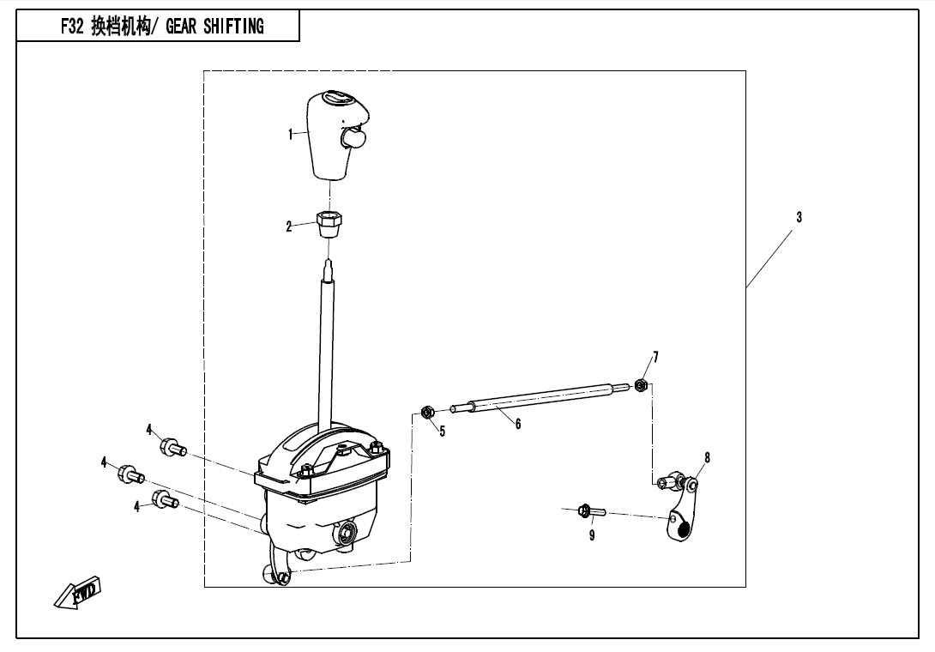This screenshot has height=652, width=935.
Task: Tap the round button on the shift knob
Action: (353, 139)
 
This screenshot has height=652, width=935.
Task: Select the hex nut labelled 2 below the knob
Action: (329, 223)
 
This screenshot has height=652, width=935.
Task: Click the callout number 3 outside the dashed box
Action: (799, 218)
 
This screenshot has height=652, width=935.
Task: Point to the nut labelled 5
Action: (427, 412)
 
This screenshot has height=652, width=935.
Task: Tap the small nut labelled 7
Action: (641, 384)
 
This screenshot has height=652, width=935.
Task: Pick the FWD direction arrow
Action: (78, 592)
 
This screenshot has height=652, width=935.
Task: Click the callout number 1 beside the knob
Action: (291, 135)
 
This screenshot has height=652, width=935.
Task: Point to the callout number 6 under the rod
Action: (518, 424)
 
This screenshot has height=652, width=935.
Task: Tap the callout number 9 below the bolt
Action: (592, 535)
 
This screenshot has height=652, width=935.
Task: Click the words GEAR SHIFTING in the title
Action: (214, 27)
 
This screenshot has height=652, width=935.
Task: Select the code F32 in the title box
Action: (71, 27)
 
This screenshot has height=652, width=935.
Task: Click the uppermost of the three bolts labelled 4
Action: (173, 447)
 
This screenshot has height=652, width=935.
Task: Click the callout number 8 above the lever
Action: (707, 458)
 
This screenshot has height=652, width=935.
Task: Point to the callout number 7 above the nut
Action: (656, 358)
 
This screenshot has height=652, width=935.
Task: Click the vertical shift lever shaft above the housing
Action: (327, 346)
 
